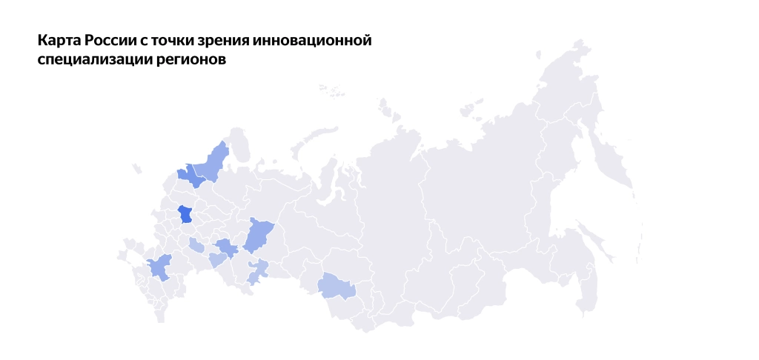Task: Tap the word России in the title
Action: (108, 40)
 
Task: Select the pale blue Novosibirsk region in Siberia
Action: (337, 286)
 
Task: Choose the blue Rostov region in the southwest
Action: (159, 267)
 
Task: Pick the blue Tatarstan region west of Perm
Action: (226, 247)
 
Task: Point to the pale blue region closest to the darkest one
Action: (196, 245)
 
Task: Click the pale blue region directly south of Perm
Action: (257, 271)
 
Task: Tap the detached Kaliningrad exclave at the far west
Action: (136, 169)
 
